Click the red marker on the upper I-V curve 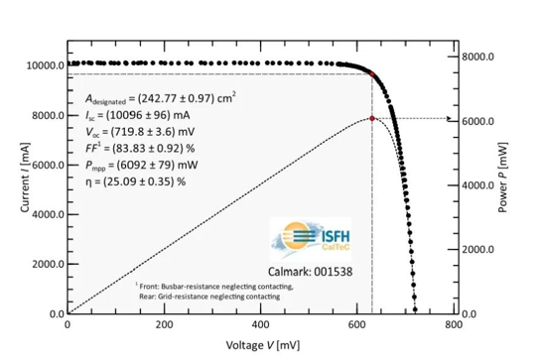pyautogui.click(x=372, y=74)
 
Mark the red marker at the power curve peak pyautogui.click(x=372, y=119)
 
